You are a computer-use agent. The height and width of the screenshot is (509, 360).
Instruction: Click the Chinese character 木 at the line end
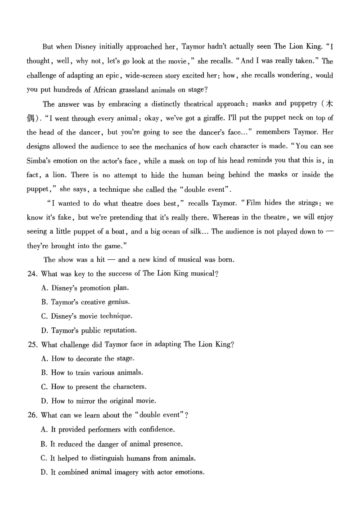click(x=329, y=104)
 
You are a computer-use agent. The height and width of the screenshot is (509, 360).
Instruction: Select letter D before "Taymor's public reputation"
click(x=44, y=330)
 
